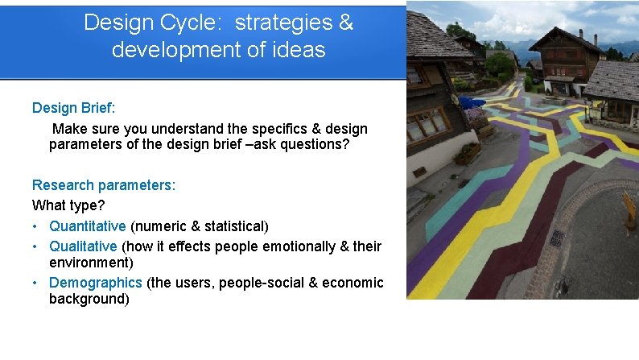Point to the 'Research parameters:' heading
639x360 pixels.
click(104, 185)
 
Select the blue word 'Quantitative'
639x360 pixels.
click(88, 226)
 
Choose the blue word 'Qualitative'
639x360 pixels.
click(84, 246)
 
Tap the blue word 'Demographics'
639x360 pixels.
click(96, 283)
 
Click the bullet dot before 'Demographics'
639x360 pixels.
click(36, 283)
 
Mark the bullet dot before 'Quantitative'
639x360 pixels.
click(36, 226)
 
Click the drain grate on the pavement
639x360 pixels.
click(556, 239)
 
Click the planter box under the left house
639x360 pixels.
click(467, 152)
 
